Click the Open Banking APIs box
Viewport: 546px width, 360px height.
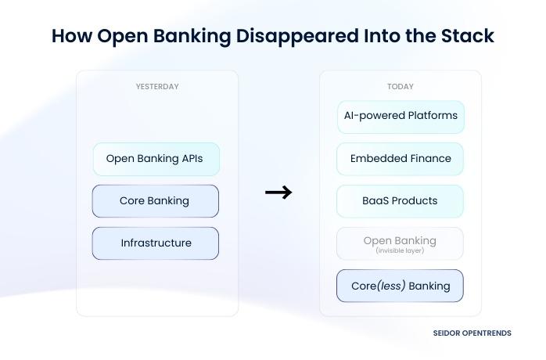pyautogui.click(x=156, y=159)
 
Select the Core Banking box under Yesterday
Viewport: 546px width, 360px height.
pyautogui.click(x=155, y=201)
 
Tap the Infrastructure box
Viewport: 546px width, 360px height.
pyautogui.click(x=155, y=243)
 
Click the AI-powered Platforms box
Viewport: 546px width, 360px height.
pyautogui.click(x=401, y=117)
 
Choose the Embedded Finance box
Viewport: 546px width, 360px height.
pyautogui.click(x=401, y=159)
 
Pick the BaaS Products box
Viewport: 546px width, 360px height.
pyautogui.click(x=400, y=201)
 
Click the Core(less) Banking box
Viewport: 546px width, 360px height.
pyautogui.click(x=400, y=286)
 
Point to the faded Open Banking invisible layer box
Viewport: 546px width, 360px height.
pyautogui.click(x=400, y=243)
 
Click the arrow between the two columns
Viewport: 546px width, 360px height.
pyautogui.click(x=278, y=193)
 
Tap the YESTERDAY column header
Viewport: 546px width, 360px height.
pyautogui.click(x=157, y=87)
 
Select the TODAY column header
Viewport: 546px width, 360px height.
pyautogui.click(x=401, y=87)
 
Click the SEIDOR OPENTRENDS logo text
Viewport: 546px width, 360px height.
pyautogui.click(x=472, y=333)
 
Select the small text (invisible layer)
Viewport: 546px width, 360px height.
pyautogui.click(x=400, y=250)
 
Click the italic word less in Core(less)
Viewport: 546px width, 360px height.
pyautogui.click(x=391, y=286)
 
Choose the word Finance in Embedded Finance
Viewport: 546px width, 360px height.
pyautogui.click(x=429, y=159)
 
